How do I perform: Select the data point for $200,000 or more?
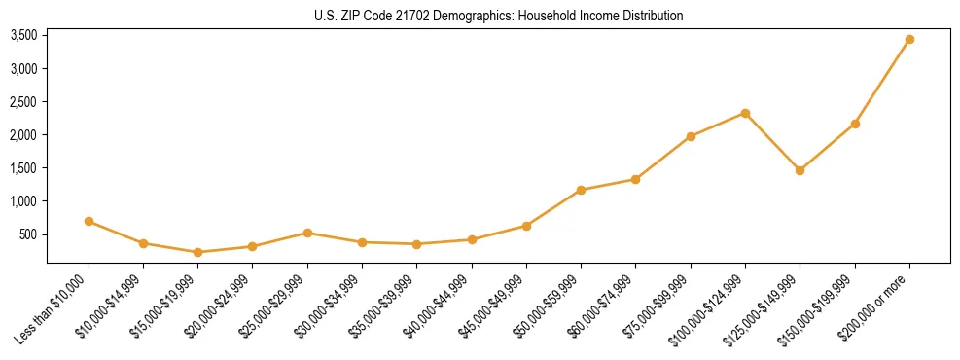[x=909, y=40]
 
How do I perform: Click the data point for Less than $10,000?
[x=89, y=222]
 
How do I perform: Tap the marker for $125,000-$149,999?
[x=800, y=170]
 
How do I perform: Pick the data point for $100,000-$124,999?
[x=745, y=113]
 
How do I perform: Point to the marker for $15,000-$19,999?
[x=197, y=252]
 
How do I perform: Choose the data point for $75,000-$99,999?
[x=691, y=136]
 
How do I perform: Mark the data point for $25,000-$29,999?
[x=307, y=233]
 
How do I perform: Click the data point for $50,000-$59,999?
[x=581, y=190]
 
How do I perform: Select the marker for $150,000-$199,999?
[x=855, y=124]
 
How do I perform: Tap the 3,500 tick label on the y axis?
[x=23, y=36]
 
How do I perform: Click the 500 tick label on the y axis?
[x=27, y=234]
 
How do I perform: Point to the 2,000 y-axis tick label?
[x=23, y=135]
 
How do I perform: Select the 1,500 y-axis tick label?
[x=23, y=168]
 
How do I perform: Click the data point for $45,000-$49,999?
[x=526, y=226]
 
